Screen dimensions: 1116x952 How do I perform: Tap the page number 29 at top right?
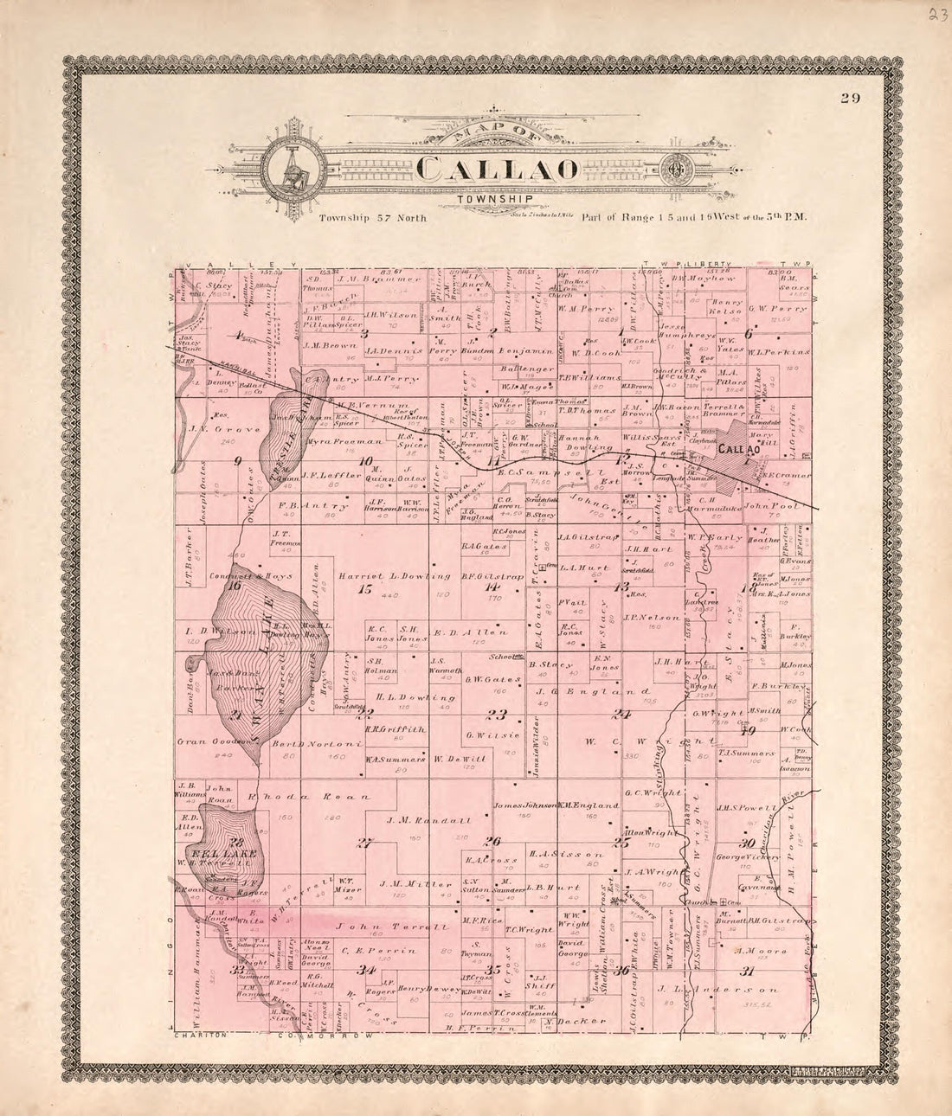point(848,98)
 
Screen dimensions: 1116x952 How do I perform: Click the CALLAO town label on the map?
point(741,449)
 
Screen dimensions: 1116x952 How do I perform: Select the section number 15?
point(364,590)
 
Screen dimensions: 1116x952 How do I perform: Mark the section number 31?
point(746,971)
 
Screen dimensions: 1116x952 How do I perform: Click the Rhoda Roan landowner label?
point(309,796)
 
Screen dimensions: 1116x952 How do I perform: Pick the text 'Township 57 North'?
point(374,220)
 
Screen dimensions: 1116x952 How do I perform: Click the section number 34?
point(368,970)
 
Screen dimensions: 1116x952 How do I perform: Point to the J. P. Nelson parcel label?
point(641,618)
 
